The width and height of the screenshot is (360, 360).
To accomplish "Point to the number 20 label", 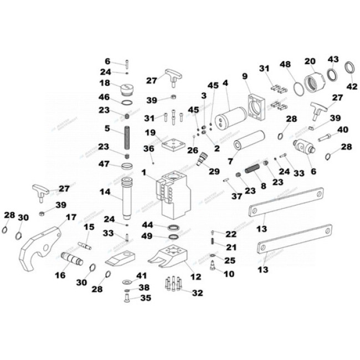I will point(310,61).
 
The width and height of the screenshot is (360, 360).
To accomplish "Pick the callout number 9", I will point(245,75).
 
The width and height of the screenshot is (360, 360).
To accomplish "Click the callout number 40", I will point(343,130).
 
